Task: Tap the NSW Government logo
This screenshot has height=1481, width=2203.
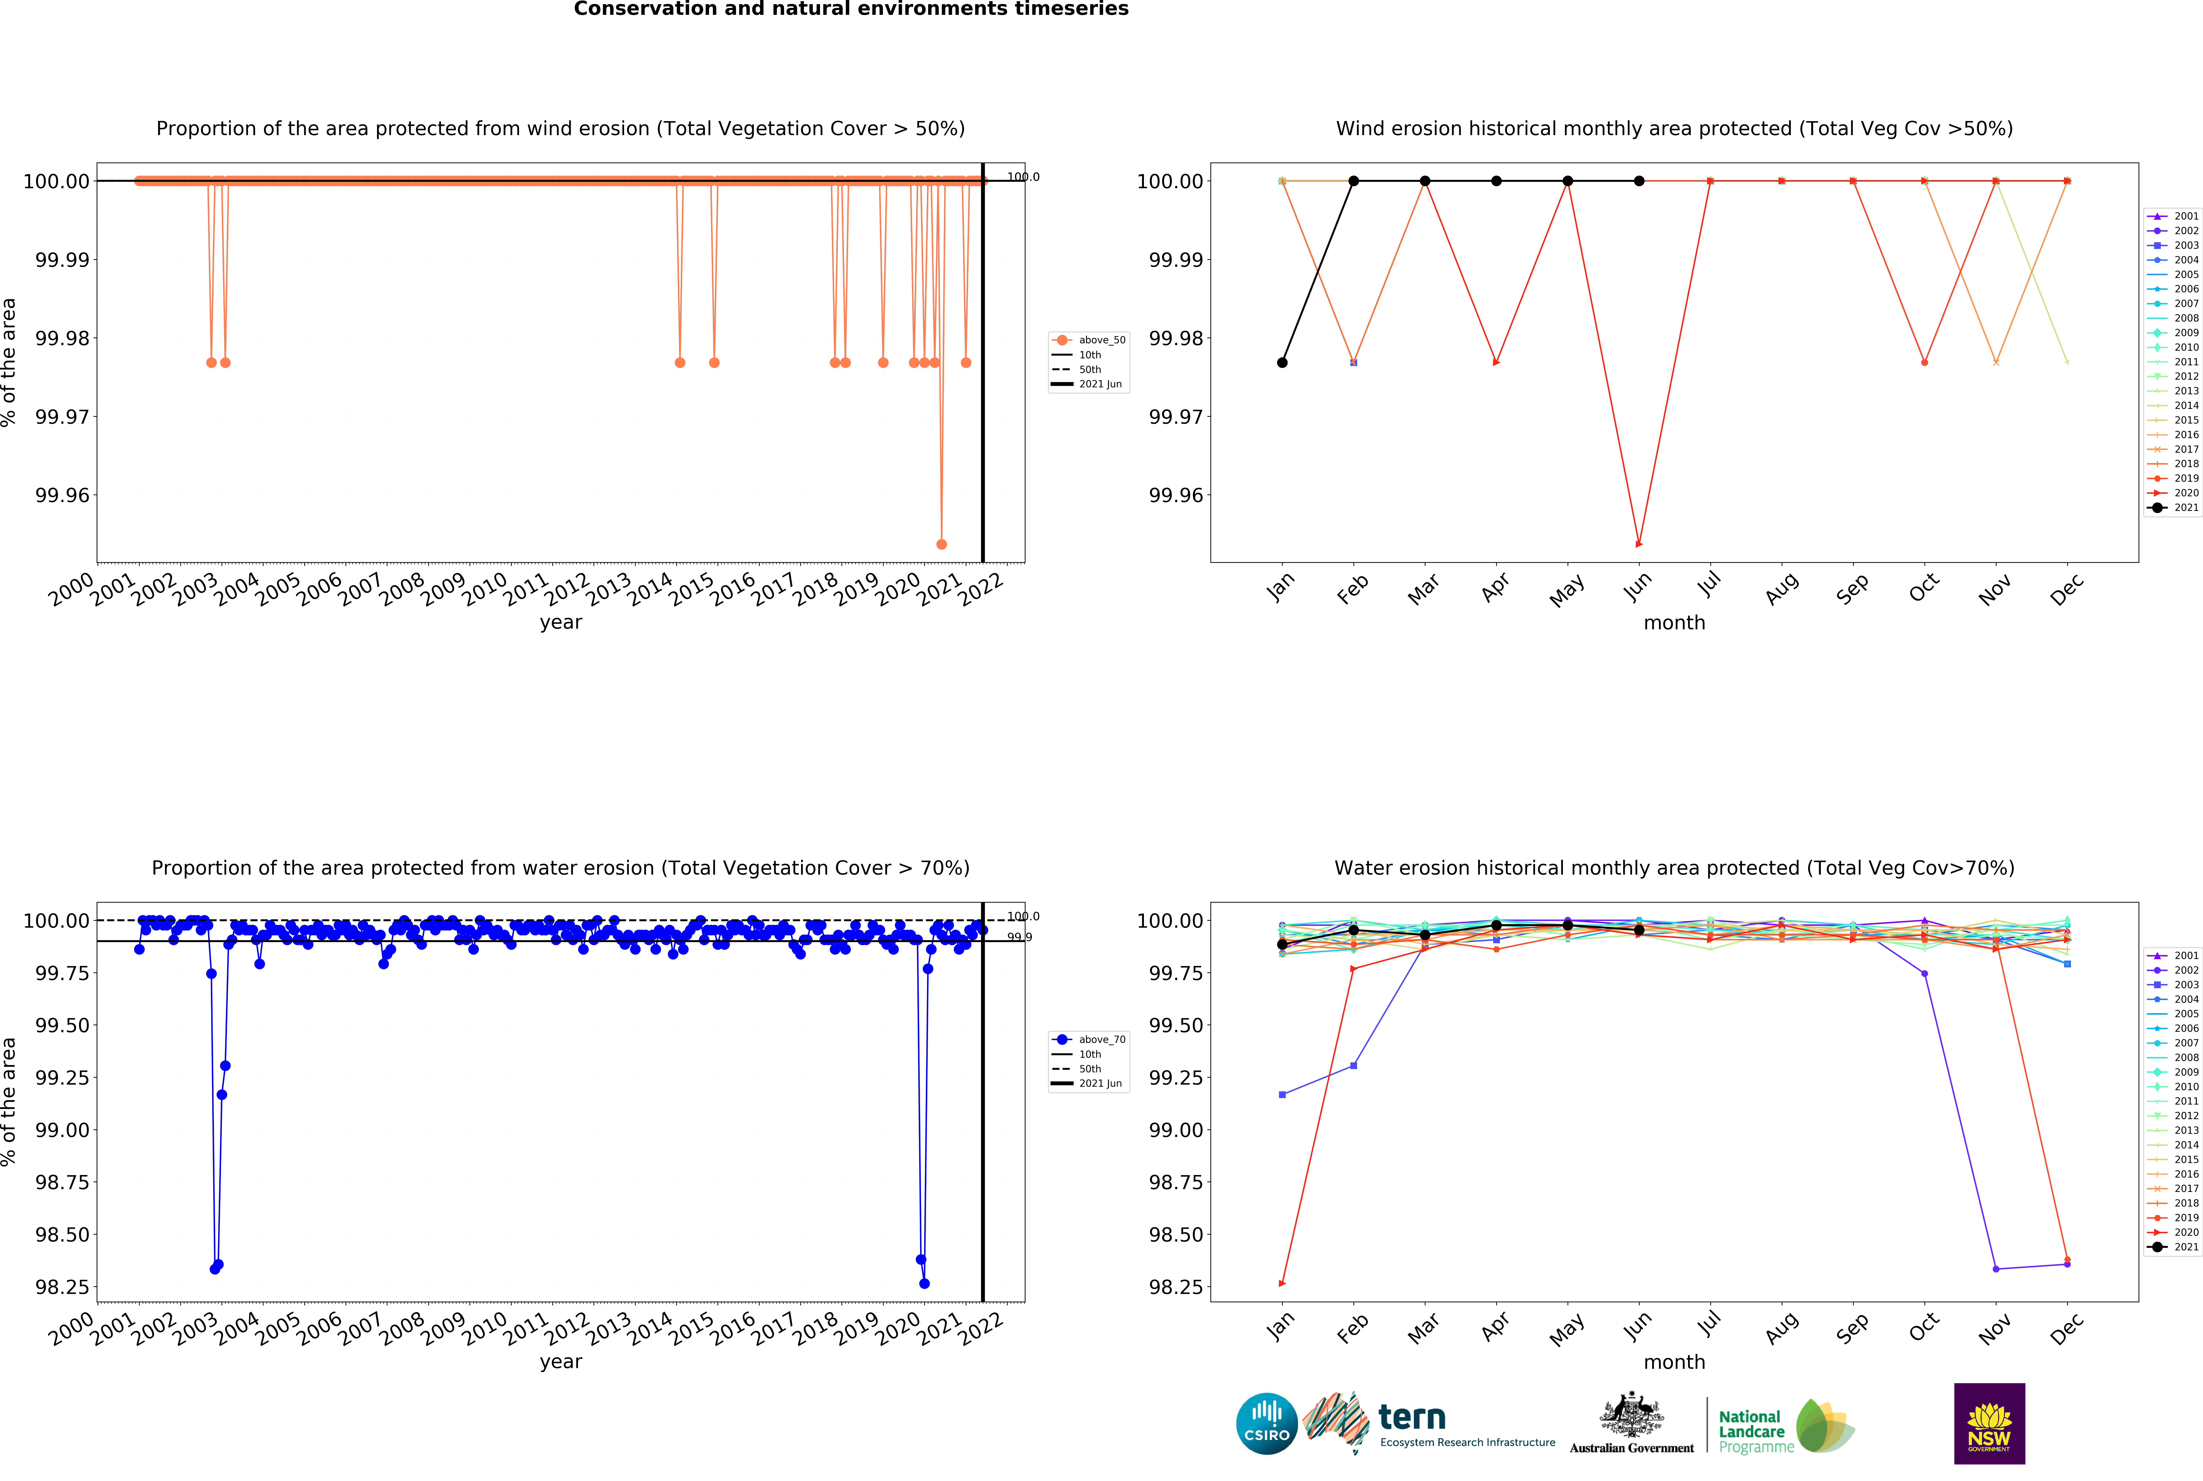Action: tap(1989, 1423)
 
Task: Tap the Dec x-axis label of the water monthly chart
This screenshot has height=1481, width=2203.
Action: tap(2067, 1328)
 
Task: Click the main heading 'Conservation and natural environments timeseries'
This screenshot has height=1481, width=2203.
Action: tap(851, 10)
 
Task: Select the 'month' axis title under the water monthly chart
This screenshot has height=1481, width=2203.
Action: tap(1674, 1362)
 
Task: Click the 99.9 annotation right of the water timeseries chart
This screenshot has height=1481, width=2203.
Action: tap(1019, 937)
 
